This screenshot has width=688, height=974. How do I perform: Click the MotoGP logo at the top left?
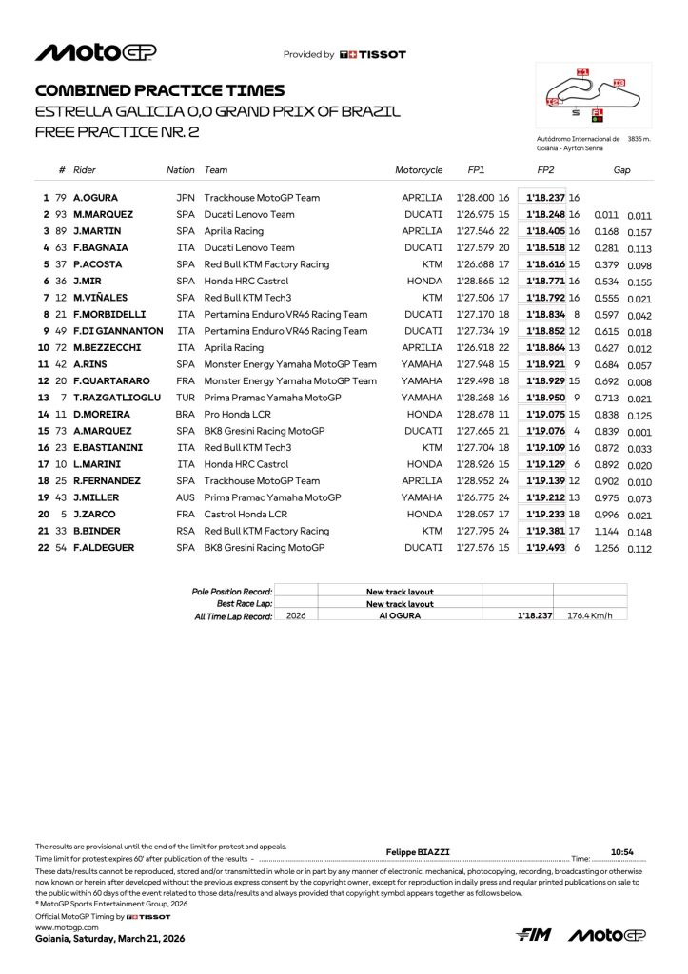click(96, 53)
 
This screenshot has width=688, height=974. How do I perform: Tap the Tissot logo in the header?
click(372, 55)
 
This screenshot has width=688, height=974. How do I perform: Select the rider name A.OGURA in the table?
click(94, 197)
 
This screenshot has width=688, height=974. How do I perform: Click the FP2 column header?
click(545, 170)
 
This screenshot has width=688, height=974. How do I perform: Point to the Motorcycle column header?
click(419, 170)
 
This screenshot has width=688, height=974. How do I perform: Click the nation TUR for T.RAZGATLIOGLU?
click(185, 397)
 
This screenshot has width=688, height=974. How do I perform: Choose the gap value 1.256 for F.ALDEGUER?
click(605, 548)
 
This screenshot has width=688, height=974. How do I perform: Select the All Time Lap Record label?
click(232, 616)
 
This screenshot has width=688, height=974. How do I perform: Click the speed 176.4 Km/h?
click(590, 616)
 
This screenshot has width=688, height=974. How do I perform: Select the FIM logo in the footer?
click(534, 936)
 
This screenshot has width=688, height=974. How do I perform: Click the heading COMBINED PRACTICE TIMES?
click(160, 90)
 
